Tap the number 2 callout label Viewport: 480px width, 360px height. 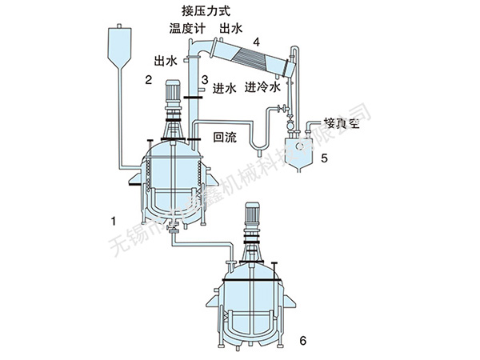(x=148, y=79)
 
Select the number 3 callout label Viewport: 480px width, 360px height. (x=205, y=79)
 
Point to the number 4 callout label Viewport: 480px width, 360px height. (x=255, y=41)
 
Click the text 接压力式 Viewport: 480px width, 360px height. (x=206, y=11)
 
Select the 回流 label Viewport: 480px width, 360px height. (x=225, y=137)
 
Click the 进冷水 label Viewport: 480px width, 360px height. (x=263, y=86)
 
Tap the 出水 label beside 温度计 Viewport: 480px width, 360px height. (x=233, y=30)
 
